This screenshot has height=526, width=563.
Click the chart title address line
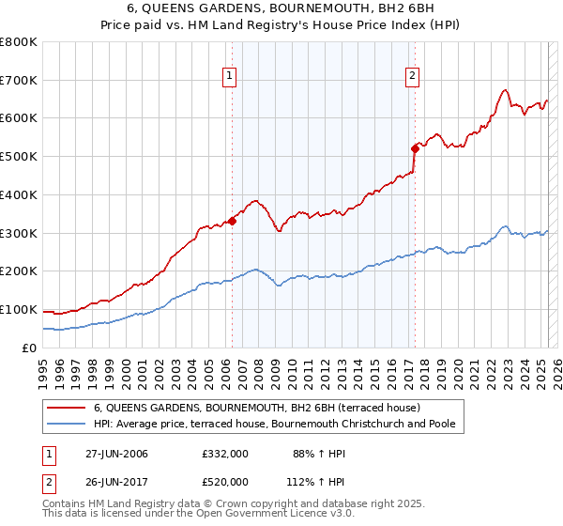point(281,10)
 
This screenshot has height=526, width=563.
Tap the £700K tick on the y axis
point(19,81)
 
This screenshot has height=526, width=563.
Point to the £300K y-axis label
point(19,233)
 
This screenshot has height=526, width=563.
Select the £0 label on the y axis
point(30,348)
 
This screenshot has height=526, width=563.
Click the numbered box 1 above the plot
point(230,78)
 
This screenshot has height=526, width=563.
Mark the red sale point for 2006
point(233,221)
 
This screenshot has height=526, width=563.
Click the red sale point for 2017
point(414,148)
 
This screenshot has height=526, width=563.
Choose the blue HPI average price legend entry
point(274,425)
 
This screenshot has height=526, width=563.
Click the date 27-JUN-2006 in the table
point(115,454)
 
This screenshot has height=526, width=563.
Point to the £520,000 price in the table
point(224,481)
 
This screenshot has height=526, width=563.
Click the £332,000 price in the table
point(224,454)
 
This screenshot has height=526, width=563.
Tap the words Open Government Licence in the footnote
point(258,516)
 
